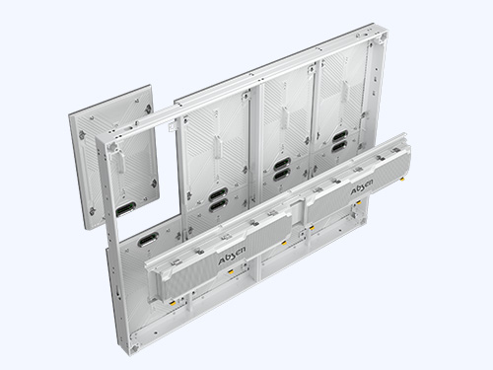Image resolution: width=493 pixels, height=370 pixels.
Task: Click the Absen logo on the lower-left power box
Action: [232, 256]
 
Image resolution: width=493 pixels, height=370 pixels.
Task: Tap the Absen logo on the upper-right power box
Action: [362, 187]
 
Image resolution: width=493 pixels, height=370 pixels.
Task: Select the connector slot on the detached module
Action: [126, 209]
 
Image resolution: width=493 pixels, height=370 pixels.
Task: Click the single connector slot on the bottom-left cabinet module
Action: [148, 239]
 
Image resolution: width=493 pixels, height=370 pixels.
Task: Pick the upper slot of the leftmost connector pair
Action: [218, 194]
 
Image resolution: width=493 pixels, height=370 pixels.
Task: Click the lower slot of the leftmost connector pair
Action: [218, 206]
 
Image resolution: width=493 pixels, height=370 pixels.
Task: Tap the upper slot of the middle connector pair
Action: [282, 164]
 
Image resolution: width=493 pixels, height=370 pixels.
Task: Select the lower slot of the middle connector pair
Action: [282, 176]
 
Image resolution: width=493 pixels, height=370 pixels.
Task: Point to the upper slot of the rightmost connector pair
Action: [340, 135]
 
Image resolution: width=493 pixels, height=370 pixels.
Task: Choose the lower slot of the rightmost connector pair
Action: [340, 147]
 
